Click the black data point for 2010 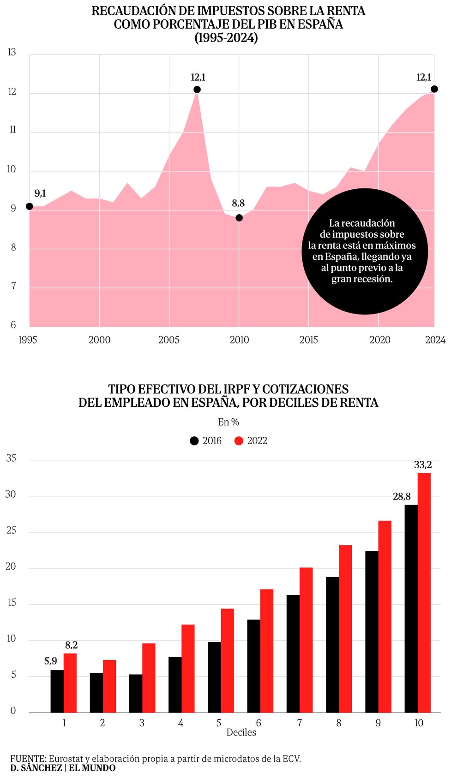(239, 218)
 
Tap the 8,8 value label (238, 203)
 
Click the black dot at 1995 (30, 206)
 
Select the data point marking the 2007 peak (197, 90)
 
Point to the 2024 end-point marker (434, 89)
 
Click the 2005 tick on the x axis (169, 340)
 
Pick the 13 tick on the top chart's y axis (12, 52)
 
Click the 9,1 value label (41, 193)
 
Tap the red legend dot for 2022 (239, 441)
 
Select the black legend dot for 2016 (194, 441)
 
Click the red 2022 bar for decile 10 (424, 592)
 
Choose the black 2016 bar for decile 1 (57, 691)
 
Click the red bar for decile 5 (227, 660)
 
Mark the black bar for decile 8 (332, 644)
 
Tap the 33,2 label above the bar (423, 465)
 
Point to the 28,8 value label (402, 497)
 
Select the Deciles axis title (241, 732)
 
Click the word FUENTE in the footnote (28, 759)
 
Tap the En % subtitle (228, 422)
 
